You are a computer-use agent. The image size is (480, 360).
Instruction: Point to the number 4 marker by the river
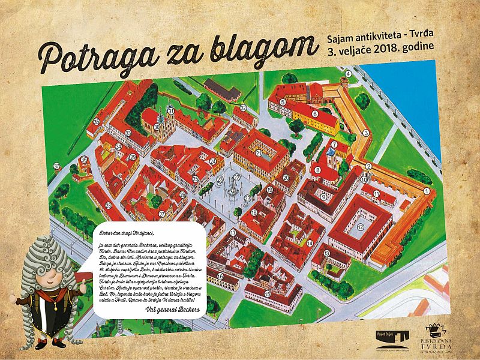(x=347, y=75)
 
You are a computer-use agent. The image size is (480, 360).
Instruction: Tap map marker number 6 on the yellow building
(x=315, y=113)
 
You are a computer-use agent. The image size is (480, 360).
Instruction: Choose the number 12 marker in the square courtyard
(x=361, y=227)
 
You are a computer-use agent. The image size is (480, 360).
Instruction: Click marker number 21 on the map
(x=259, y=153)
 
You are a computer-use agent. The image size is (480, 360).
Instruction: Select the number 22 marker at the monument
(x=237, y=178)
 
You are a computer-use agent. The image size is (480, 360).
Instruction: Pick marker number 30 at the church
(x=160, y=127)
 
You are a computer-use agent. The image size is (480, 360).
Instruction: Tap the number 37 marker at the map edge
(x=56, y=166)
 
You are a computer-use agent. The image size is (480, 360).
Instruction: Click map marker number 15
(x=267, y=292)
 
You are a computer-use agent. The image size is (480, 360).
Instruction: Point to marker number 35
(x=97, y=122)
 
